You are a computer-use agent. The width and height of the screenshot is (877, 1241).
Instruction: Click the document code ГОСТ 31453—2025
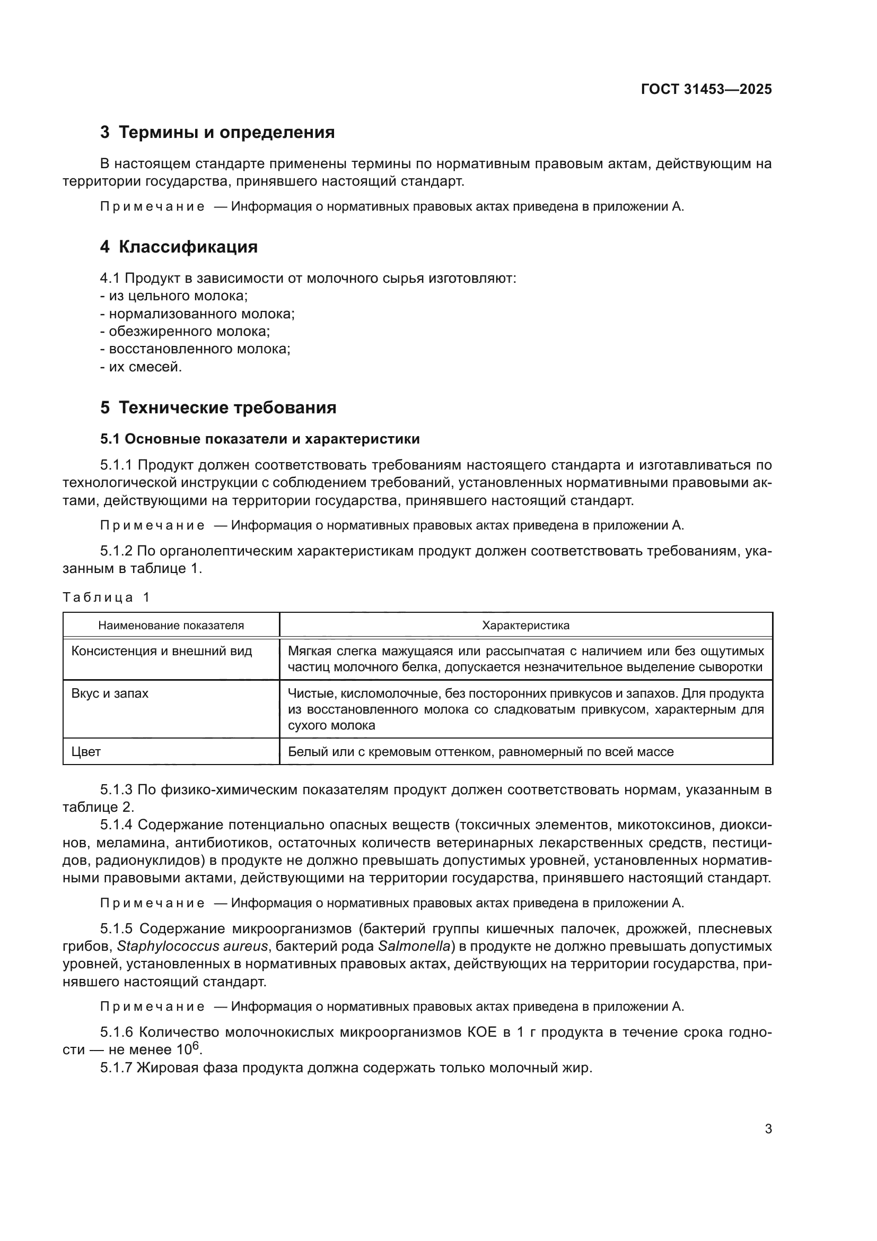coord(706,90)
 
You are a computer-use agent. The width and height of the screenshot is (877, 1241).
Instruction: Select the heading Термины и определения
coord(217,133)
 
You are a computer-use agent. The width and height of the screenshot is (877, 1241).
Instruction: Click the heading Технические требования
coord(218,407)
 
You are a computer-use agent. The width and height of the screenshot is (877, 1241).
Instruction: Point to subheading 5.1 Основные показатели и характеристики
coord(260,439)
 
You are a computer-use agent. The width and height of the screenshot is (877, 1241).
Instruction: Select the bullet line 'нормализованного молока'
coord(198,314)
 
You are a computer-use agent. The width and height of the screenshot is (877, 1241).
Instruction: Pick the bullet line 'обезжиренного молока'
coord(185,331)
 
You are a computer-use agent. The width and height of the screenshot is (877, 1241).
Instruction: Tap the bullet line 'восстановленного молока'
coord(196,349)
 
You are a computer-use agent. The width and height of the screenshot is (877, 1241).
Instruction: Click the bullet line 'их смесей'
coord(142,367)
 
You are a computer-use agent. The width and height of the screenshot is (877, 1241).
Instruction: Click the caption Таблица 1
coord(106,597)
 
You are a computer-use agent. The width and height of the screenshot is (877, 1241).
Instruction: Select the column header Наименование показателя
coord(171,626)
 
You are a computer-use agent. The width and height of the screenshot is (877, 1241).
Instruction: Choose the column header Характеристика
coord(525,626)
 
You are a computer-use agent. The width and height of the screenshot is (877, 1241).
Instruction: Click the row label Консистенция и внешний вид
coord(162,651)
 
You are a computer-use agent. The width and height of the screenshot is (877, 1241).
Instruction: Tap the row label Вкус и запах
coord(110,693)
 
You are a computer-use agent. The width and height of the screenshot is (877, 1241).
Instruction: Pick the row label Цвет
coord(86,752)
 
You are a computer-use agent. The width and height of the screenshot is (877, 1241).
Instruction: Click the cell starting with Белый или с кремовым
coord(480,752)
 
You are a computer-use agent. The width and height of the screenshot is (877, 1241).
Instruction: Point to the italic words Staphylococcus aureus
coord(192,947)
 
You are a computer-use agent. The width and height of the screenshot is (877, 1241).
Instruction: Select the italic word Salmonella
coord(414,947)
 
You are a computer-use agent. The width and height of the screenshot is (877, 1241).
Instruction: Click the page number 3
coord(768,1129)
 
